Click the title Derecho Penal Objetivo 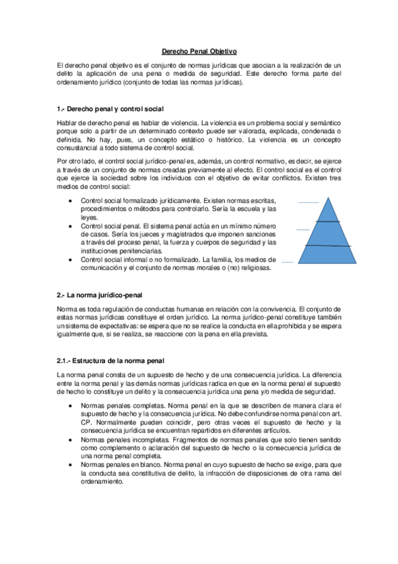click(x=199, y=51)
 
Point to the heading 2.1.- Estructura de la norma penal click(x=110, y=360)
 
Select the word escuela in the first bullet click(x=235, y=210)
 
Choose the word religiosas click(x=253, y=268)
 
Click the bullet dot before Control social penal click(x=72, y=226)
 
